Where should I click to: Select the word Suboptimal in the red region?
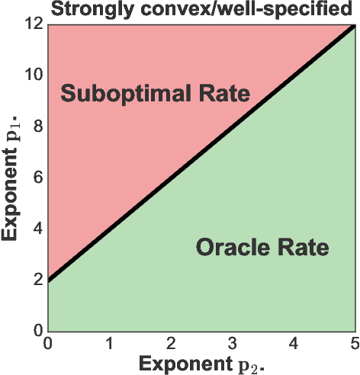(124, 95)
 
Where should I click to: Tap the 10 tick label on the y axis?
(33, 75)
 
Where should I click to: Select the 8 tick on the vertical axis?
(37, 127)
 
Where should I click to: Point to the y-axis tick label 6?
(37, 178)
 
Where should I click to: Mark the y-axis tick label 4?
(37, 229)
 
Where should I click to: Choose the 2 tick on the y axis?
(37, 280)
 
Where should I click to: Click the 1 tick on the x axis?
(109, 341)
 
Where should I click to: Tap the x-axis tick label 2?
(171, 341)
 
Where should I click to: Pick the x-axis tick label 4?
(294, 341)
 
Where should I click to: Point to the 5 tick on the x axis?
(354, 341)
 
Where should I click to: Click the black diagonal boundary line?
(201, 153)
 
